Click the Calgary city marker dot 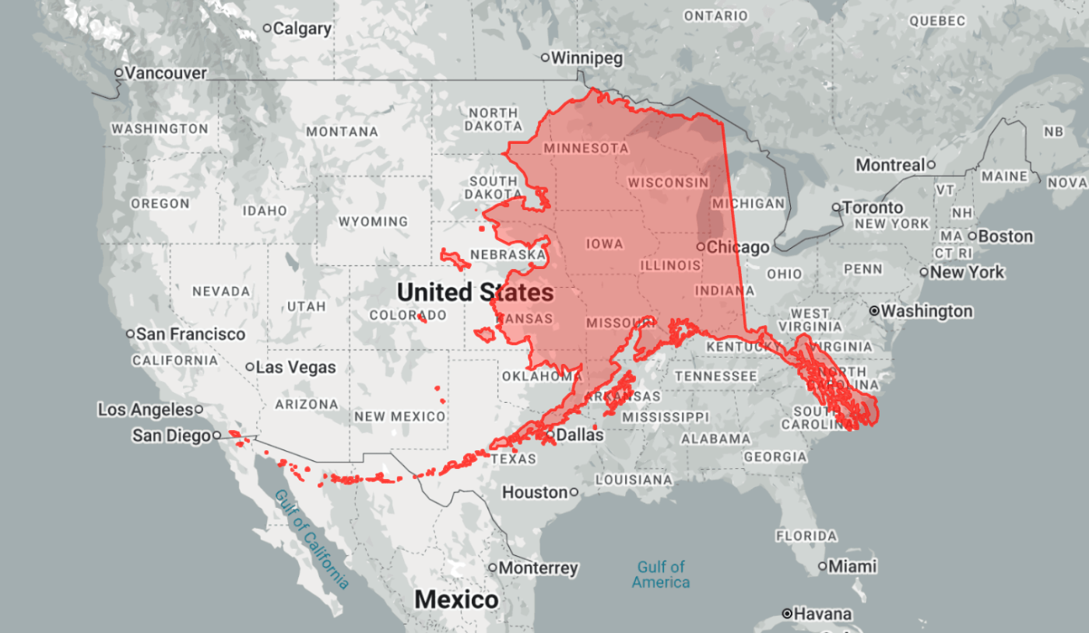point(267,28)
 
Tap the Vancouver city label point(166,73)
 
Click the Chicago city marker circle point(701,247)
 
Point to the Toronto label point(873,208)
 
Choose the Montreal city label point(889,165)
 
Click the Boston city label point(1006,236)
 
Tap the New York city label point(967,272)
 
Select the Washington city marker point(875,311)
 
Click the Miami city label point(852,566)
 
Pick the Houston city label point(535,492)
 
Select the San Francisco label point(191,334)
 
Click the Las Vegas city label point(297,367)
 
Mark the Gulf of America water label point(661,575)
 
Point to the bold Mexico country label point(456,600)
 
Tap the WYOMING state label point(373,222)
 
